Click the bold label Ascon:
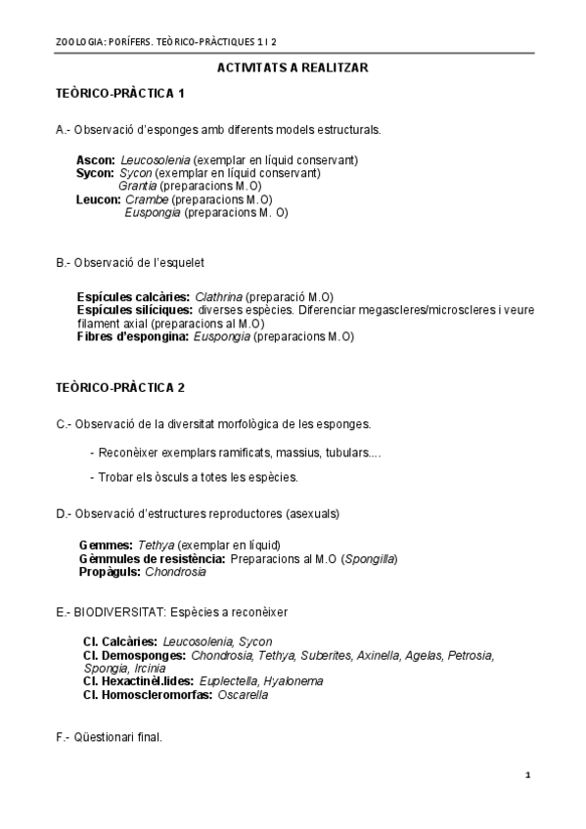coord(96,160)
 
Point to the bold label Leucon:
coord(99,199)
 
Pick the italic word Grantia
coord(137,186)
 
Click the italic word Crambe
coord(147,199)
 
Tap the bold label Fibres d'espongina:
coord(133,337)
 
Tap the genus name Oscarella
coord(242,695)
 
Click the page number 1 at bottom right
coord(527,775)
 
